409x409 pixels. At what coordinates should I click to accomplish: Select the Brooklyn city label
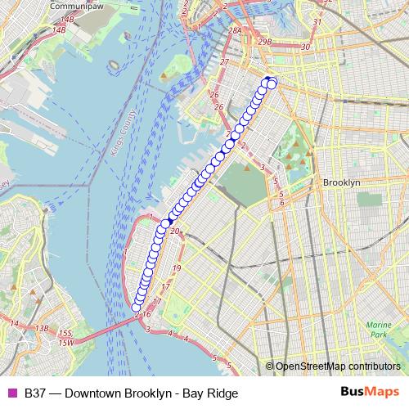(342, 182)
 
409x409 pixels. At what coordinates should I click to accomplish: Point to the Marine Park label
(377, 330)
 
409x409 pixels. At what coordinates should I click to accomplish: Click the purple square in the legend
(11, 393)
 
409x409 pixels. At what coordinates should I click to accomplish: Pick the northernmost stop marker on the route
(267, 80)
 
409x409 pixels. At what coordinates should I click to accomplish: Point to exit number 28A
(235, 30)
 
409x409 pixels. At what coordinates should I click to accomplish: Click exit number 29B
(263, 40)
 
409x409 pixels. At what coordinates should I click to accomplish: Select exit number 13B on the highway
(42, 328)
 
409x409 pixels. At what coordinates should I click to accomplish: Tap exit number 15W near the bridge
(65, 341)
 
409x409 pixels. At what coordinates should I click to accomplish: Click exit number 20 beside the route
(174, 231)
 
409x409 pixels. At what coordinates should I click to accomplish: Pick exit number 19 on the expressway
(177, 267)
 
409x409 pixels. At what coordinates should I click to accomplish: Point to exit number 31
(317, 20)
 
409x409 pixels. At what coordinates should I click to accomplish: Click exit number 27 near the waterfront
(223, 61)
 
